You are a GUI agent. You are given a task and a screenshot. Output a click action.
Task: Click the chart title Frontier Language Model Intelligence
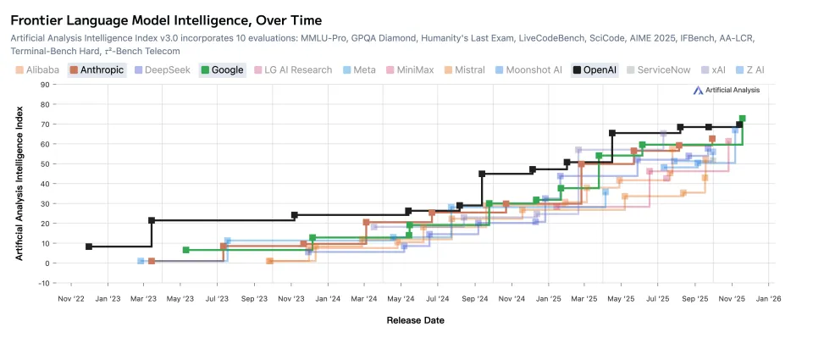click(x=166, y=19)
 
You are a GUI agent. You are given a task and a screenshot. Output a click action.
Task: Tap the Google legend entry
click(x=223, y=70)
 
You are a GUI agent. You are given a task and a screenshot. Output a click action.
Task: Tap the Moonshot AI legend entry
click(x=528, y=70)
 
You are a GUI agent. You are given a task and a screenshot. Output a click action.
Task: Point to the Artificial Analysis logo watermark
click(x=726, y=90)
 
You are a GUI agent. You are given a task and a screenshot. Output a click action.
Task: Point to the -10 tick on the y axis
click(x=43, y=283)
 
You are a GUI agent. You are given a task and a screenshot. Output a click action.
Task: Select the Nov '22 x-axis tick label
click(x=71, y=298)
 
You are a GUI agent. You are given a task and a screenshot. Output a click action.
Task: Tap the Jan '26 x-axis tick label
click(x=768, y=298)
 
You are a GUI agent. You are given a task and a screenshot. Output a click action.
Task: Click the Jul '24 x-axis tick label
click(x=437, y=298)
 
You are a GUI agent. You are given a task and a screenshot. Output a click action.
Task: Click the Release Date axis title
click(x=415, y=320)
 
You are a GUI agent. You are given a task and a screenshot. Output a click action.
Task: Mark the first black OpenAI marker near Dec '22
click(x=89, y=246)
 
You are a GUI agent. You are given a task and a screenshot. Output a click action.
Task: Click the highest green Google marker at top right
click(x=743, y=119)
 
